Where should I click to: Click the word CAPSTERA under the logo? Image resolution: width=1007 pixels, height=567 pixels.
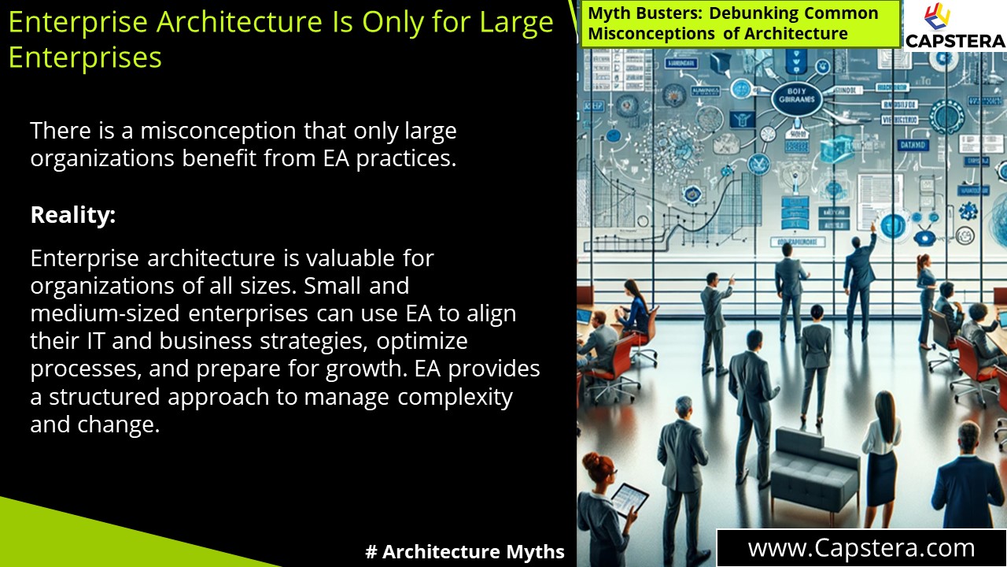tap(955, 41)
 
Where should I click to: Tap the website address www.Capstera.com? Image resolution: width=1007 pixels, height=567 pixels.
tap(861, 548)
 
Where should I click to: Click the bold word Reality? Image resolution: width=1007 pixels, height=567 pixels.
tap(73, 215)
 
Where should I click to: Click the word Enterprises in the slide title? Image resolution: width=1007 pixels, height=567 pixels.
tap(85, 57)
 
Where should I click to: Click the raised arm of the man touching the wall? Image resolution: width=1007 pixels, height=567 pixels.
tap(868, 236)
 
